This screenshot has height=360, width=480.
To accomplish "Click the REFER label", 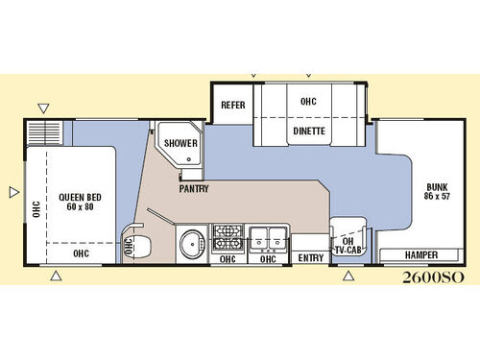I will click(230, 105).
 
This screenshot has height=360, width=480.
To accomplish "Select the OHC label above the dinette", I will click(308, 101).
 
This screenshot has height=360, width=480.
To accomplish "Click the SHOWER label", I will click(180, 144).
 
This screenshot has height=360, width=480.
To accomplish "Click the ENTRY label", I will click(310, 258).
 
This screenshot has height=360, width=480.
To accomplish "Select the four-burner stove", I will click(227, 236).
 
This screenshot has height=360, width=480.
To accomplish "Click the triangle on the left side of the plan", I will click(12, 192).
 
